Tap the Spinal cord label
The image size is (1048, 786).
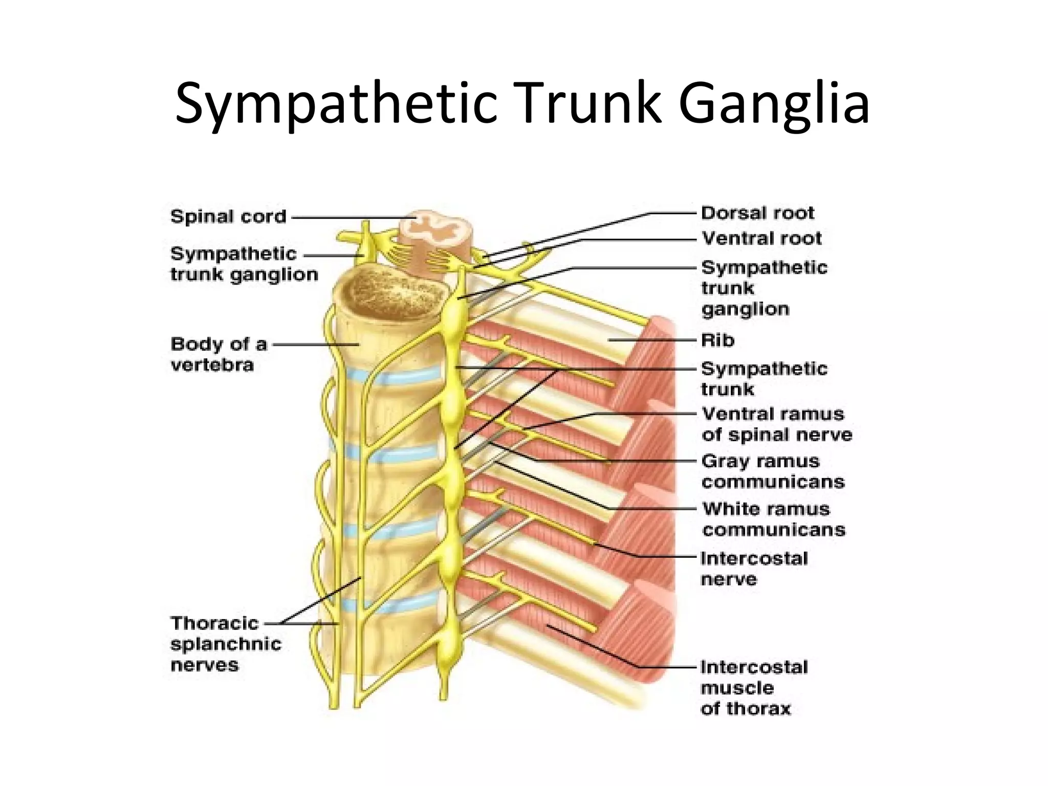pos(228,216)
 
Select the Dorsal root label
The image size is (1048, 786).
pos(757,213)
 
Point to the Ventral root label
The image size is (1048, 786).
pos(761,238)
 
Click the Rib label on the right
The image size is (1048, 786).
pos(717,340)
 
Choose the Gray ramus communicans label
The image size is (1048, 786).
pos(773,471)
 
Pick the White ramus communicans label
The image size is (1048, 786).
pos(773,519)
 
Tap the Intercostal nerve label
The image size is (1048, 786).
pos(754,569)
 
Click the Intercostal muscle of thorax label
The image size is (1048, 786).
pos(754,688)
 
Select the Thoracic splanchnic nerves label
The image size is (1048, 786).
pos(226,644)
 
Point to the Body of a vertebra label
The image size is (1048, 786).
pos(219,354)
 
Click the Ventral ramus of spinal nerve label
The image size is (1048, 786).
pos(776,424)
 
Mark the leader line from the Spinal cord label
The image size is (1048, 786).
pos(353,217)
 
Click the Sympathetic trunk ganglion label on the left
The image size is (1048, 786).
pos(244,264)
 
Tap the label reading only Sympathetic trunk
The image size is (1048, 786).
pos(763,379)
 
